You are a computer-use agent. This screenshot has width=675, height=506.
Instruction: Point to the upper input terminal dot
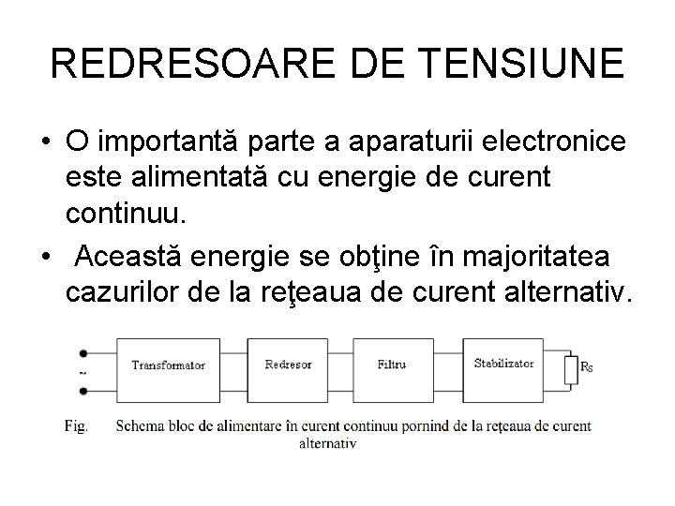click(84, 354)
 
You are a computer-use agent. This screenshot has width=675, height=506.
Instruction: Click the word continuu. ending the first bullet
click(127, 216)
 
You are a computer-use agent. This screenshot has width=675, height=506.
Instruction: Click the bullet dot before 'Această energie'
click(44, 256)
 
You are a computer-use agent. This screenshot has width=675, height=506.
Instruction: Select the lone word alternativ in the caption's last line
click(327, 443)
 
